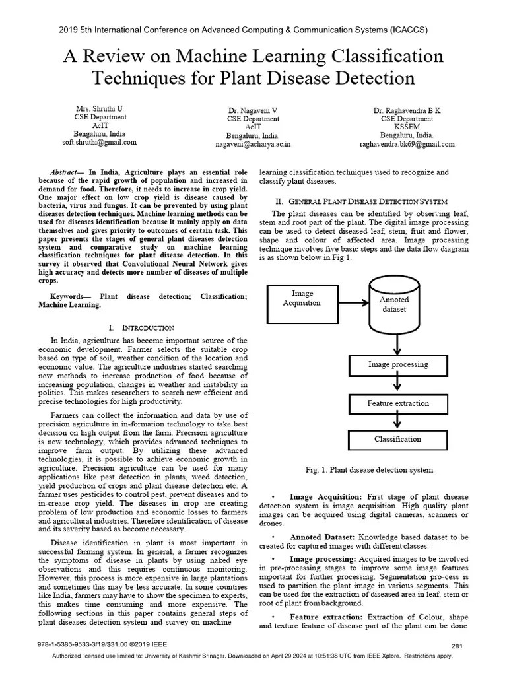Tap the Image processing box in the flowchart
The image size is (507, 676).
coord(397,364)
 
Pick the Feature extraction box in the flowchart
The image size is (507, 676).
coord(397,403)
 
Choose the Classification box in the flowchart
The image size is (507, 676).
coord(397,439)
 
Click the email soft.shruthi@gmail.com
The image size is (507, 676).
coord(100,142)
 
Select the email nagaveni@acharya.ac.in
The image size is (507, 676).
coord(253,143)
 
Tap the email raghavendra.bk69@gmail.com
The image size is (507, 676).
coord(407,144)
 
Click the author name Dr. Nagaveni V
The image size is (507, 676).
coord(253,110)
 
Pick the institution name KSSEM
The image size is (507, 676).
coord(407,127)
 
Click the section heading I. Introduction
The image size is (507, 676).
coord(141,327)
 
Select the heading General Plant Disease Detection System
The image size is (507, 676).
coord(361,201)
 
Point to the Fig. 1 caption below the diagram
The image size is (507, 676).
coord(370,470)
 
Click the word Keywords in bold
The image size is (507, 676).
coord(70,297)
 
